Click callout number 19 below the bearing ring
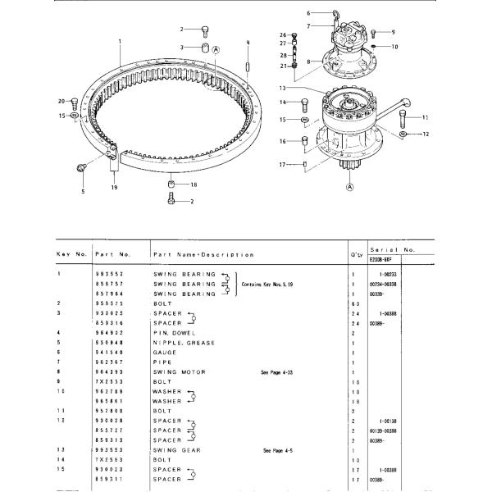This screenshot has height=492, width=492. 114,187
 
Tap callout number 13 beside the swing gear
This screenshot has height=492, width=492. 280,88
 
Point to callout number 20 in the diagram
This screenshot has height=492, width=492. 61,101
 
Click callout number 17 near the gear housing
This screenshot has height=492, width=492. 281,165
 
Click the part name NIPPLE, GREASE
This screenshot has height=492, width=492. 184,343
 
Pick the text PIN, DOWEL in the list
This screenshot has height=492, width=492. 176,333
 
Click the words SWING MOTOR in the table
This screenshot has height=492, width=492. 181,372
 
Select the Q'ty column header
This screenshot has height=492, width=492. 356,255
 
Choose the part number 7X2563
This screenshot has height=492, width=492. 108,460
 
